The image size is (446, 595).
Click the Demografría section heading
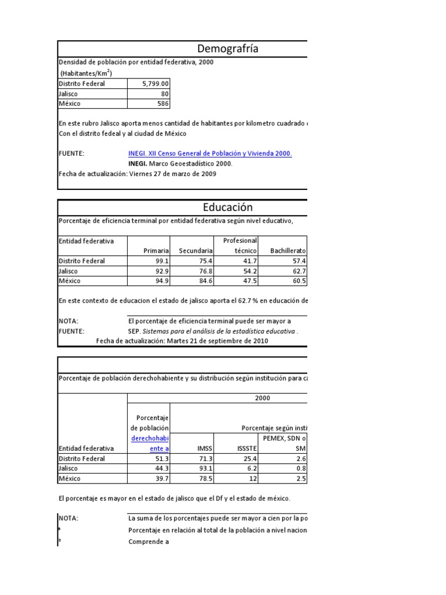pos(228,49)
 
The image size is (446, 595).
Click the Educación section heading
pos(228,207)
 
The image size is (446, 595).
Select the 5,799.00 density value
pos(155,84)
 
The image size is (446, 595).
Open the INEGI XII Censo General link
pos(210,153)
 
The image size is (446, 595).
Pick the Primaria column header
pos(156,250)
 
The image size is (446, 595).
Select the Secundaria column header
pos(196,250)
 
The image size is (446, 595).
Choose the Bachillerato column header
pos(288,250)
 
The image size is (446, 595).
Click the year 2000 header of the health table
pos(263,398)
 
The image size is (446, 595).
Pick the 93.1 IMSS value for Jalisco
pos(205,468)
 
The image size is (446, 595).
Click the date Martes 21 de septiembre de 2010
pos(217,341)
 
